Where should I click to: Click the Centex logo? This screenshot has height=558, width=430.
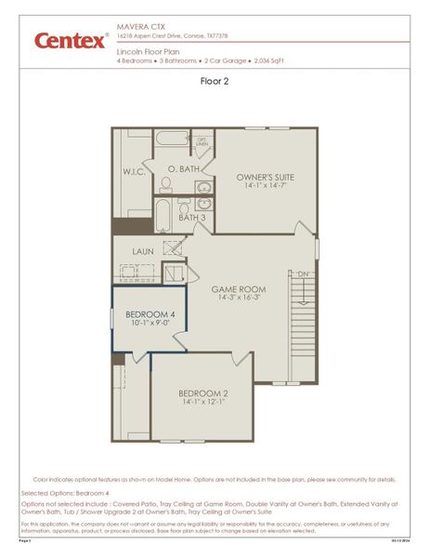click(x=71, y=40)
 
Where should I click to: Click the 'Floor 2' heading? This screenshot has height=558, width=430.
click(x=215, y=81)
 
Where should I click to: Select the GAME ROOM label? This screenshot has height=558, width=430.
click(x=239, y=289)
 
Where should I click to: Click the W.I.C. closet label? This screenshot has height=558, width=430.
click(x=133, y=172)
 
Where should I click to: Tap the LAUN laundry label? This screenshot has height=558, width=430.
click(x=143, y=250)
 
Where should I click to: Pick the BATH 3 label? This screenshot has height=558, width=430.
click(x=192, y=218)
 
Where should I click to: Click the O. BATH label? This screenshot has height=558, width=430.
click(x=184, y=168)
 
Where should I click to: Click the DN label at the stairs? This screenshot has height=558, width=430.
click(x=301, y=274)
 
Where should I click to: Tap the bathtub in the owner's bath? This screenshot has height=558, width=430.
click(x=176, y=139)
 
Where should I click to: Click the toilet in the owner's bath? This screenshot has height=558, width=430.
click(x=163, y=186)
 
